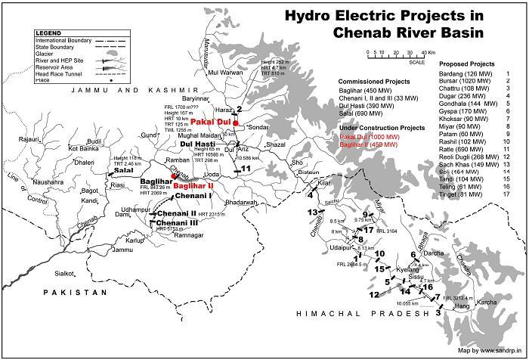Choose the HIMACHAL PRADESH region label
356,313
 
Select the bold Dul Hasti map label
196,143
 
